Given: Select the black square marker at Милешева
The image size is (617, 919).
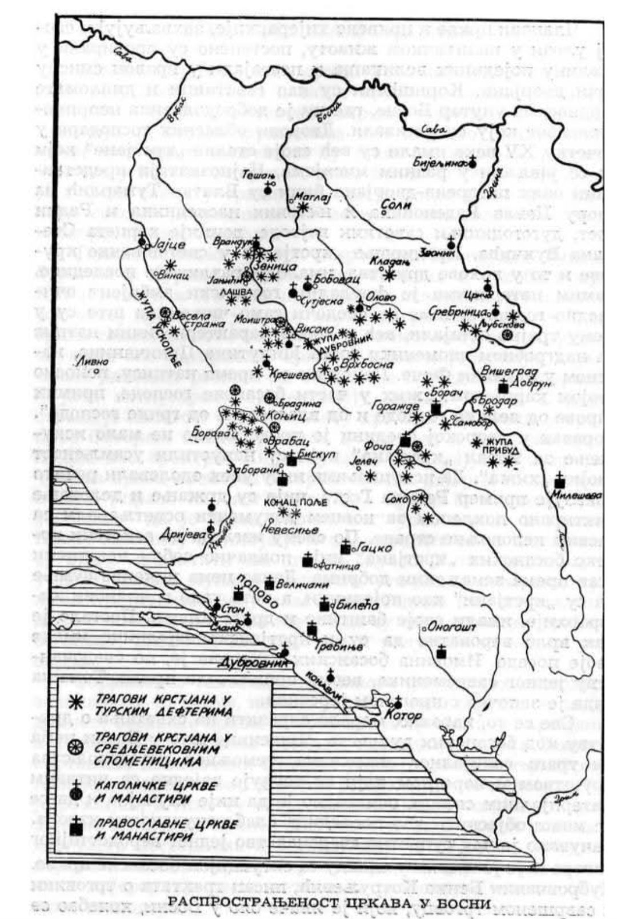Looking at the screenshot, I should [559, 483].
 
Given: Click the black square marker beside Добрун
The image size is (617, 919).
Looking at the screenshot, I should [503, 388].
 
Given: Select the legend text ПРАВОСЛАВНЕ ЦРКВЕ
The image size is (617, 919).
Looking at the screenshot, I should [150, 824].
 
